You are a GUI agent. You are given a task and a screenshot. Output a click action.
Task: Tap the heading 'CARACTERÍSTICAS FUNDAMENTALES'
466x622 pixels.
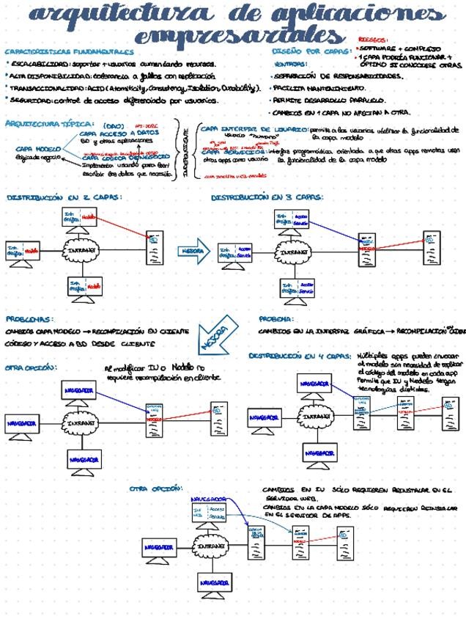point(69,52)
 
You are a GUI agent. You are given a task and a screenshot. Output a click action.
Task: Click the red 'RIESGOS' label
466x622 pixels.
point(373,40)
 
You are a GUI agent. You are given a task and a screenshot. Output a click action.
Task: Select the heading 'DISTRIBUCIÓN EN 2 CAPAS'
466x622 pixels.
point(64,198)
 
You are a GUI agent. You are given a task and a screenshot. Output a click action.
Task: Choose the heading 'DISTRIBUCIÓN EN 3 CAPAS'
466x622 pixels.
point(267,198)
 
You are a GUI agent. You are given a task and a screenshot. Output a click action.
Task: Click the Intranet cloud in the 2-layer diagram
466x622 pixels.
point(81,251)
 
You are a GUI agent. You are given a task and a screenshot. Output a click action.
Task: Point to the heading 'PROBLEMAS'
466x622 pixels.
point(29,319)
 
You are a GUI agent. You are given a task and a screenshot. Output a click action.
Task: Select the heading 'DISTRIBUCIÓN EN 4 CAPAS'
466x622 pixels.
point(300,356)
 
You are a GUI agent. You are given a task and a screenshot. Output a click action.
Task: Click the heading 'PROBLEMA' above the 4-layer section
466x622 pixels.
point(276,319)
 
